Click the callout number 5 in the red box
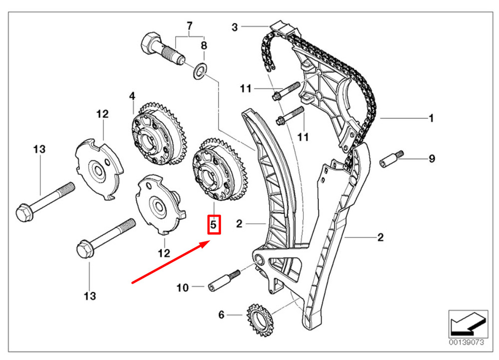213,225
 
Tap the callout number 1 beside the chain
431,118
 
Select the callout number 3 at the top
235,27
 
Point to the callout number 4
132,96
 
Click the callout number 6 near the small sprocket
222,315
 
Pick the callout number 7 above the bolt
190,25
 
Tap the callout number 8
204,45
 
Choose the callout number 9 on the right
432,158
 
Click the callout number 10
183,288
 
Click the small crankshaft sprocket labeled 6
260,321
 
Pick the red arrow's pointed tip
210,242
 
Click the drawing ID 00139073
467,342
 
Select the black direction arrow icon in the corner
468,324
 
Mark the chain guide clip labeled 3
285,29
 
